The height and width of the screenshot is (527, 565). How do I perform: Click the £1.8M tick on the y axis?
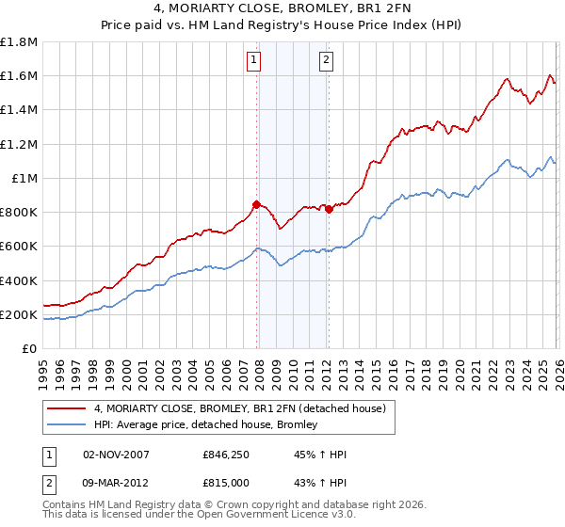tap(20, 42)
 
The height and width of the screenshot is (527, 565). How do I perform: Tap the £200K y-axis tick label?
tap(20, 315)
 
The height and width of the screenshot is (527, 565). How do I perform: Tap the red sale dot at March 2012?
tap(329, 210)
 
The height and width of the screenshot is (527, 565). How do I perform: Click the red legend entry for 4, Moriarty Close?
tap(239, 408)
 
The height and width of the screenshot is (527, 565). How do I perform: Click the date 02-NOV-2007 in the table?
tap(116, 455)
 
